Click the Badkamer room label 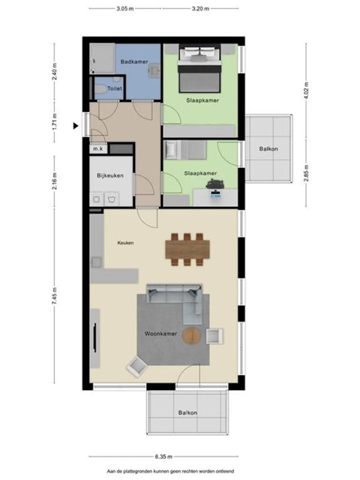tap(134, 61)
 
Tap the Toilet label tap(115, 88)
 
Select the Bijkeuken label tap(110, 175)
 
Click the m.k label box tap(98, 149)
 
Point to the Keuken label tap(125, 243)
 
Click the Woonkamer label tap(160, 334)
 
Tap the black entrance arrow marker tap(76, 125)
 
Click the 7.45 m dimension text tap(55, 295)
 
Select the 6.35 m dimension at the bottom tap(163, 457)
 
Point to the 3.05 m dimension tap(125, 8)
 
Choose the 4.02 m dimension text tap(307, 90)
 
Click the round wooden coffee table tap(192, 335)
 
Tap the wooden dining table tap(187, 249)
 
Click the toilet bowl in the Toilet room tap(100, 88)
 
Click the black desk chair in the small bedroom tap(215, 184)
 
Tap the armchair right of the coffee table tap(214, 336)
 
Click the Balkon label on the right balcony tap(268, 149)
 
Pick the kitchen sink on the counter tap(97, 262)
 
